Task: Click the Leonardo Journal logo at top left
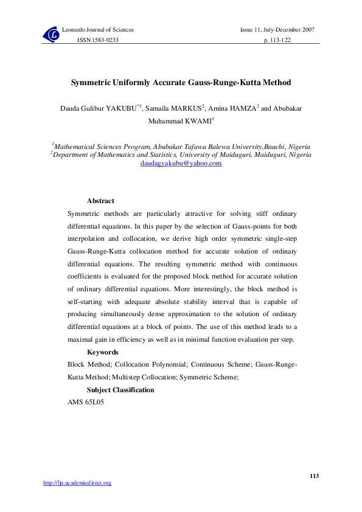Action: pos(51,35)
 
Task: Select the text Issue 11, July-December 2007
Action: pos(278,30)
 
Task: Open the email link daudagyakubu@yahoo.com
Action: pos(181,164)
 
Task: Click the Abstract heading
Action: pos(100,201)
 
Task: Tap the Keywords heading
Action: pos(102,352)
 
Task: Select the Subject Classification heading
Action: pos(120,390)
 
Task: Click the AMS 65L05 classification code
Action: pos(85,403)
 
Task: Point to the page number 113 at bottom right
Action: pos(314,475)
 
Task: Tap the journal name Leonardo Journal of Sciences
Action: pos(98,30)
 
